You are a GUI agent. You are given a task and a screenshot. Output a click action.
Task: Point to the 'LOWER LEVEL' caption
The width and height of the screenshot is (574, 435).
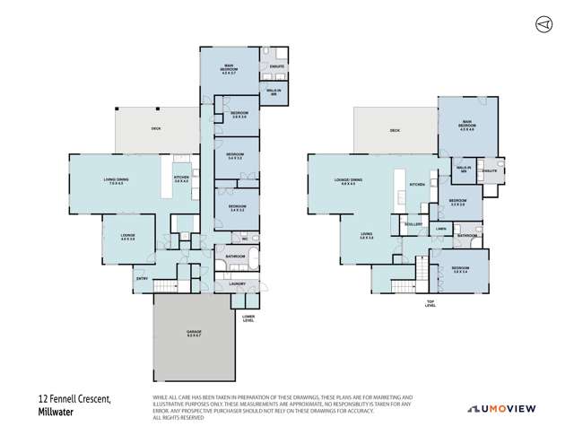248,318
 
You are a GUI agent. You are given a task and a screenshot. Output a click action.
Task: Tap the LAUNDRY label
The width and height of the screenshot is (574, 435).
237,283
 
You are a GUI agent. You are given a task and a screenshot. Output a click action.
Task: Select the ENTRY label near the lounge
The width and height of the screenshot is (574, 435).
143,278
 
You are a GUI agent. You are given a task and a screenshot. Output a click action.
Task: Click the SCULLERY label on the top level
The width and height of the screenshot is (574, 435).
413,224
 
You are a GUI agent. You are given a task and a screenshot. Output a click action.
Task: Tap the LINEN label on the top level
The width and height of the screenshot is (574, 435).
440,230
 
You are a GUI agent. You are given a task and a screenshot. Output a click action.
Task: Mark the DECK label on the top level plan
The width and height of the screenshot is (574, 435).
395,131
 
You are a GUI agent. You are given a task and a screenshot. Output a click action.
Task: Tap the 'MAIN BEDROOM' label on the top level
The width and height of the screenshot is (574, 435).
466,126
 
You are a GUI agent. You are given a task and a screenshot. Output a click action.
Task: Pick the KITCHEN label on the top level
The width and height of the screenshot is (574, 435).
416,185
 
